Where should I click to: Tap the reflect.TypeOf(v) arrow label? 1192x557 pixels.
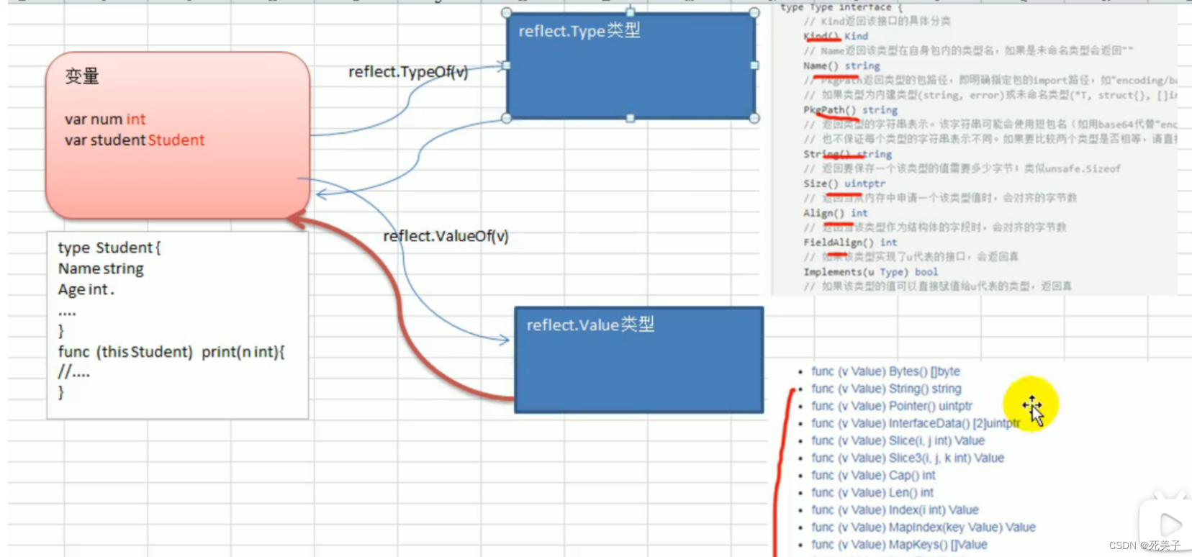tap(408, 72)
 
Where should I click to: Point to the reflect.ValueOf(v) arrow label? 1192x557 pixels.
tap(446, 236)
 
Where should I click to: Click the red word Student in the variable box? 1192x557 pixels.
tap(176, 140)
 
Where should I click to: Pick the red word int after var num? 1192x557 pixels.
tap(136, 119)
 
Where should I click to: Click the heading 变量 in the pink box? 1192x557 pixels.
tap(82, 76)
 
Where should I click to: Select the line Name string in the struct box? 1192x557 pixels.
tap(101, 269)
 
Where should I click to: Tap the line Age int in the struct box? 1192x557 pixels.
tap(85, 290)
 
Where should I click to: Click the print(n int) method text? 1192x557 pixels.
tap(243, 352)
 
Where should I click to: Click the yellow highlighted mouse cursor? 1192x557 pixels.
tap(1031, 406)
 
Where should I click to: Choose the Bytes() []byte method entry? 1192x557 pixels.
tap(885, 371)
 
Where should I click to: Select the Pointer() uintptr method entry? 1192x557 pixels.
tap(892, 406)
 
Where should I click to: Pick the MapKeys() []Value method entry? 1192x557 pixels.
tap(899, 545)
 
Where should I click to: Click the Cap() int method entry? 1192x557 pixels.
tap(873, 476)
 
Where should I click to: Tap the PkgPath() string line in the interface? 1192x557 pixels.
tap(850, 110)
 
